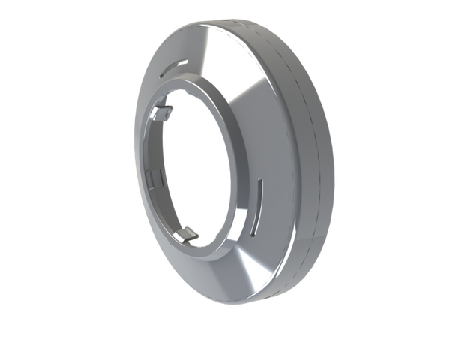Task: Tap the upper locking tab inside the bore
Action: (166, 112)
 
